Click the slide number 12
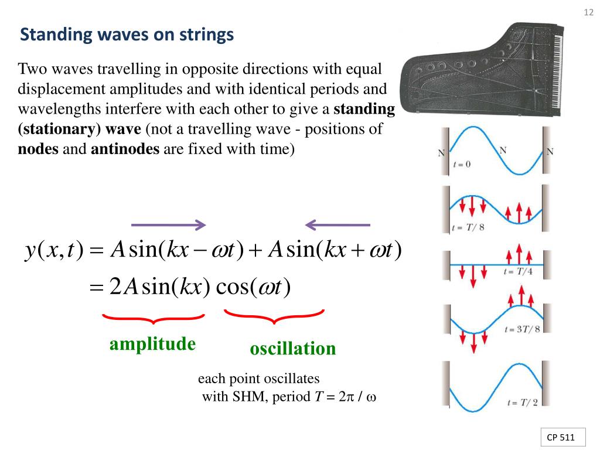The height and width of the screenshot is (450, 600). point(589,12)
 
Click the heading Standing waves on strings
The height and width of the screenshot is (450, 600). point(127,35)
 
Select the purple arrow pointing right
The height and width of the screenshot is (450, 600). point(168,225)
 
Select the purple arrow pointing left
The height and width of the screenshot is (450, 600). point(338,225)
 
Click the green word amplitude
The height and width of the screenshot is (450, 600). point(152,344)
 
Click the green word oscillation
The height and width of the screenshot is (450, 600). point(293,349)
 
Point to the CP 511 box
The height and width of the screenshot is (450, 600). point(561,437)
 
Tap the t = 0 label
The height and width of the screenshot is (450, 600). point(462,165)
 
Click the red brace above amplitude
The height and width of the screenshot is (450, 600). point(154,319)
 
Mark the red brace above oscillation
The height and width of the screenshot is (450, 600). point(274,317)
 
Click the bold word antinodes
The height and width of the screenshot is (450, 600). point(125,149)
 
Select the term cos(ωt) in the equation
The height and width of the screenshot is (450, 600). point(253,288)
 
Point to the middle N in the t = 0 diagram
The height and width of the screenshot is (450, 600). point(503,150)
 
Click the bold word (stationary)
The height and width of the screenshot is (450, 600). point(56,129)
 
